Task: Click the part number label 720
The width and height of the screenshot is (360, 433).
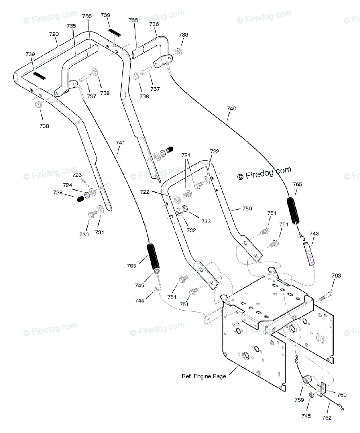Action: [54, 34]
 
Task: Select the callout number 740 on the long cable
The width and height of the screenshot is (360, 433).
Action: [231, 109]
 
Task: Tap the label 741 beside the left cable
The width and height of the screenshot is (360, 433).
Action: [120, 143]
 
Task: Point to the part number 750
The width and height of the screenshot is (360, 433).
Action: [247, 209]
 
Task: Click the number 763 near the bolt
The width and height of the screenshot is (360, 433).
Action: [336, 275]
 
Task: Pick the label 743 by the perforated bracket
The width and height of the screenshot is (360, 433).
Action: [314, 233]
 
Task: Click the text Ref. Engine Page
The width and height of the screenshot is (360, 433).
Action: [204, 376]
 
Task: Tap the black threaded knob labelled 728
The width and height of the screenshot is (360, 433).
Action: [80, 200]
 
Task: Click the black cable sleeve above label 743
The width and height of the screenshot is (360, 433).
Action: [294, 211]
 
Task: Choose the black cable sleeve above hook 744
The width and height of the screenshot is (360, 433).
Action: [153, 256]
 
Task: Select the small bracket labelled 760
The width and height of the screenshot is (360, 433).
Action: [321, 389]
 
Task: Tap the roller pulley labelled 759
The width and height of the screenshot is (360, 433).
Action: [307, 380]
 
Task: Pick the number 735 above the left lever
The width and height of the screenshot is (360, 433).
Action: [71, 26]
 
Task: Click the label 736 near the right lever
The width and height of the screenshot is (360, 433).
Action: [154, 24]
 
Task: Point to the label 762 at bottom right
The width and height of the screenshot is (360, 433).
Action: [327, 418]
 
